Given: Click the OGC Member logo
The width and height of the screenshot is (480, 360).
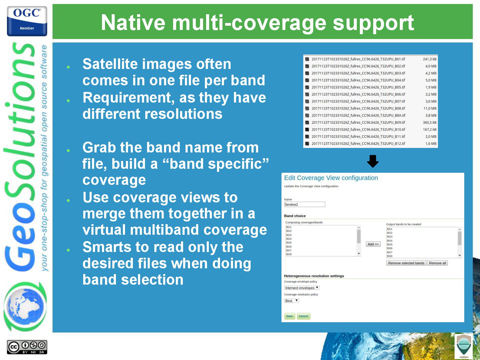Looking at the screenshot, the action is click(27, 21).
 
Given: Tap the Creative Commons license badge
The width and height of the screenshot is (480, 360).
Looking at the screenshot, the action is click(27, 347).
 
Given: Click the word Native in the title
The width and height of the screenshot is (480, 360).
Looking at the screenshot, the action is click(133, 23).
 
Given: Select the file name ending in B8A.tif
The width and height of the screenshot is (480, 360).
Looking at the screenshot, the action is click(358, 115).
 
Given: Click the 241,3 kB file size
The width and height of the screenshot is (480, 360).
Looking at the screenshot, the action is click(429, 59).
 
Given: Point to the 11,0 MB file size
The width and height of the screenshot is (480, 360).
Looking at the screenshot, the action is click(430, 108).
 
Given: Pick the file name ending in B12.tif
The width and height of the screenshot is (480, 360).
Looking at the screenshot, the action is click(358, 144).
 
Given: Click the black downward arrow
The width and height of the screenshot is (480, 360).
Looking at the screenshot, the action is click(373, 161).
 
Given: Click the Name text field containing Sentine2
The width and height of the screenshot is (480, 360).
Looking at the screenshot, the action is click(304, 205).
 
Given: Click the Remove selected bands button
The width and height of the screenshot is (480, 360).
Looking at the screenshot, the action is click(406, 263).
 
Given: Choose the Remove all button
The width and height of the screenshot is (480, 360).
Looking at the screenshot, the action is click(437, 263).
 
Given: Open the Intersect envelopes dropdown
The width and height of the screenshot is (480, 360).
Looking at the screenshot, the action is click(301, 288).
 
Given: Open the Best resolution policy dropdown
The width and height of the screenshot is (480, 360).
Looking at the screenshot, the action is click(291, 301).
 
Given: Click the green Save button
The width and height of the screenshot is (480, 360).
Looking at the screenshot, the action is click(289, 316).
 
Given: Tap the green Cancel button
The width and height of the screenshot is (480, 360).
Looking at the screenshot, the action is click(303, 316).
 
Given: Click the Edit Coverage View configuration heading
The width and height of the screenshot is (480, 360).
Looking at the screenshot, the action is click(331, 178).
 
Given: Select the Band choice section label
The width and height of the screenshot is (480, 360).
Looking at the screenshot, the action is click(295, 216).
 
